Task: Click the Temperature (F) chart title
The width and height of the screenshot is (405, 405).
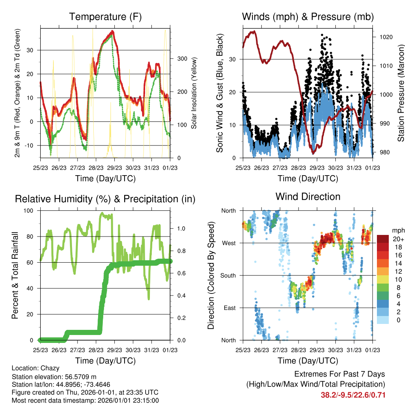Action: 105,17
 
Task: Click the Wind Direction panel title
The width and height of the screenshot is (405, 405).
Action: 308,197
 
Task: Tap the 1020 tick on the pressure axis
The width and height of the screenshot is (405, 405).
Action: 386,37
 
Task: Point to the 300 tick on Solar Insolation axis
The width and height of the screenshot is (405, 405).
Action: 182,59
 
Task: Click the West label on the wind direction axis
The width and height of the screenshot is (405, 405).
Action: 229,243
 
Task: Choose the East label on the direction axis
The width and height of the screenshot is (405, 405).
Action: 230,308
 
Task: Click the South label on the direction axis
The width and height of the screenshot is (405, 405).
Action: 228,276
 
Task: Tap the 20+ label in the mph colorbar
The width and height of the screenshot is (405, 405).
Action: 398,239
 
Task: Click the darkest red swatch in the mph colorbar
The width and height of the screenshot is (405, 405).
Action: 383,239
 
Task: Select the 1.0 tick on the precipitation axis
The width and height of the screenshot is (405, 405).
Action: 181,229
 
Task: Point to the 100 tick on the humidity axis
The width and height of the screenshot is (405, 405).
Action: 28,211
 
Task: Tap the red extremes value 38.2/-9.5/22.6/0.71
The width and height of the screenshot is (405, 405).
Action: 353,395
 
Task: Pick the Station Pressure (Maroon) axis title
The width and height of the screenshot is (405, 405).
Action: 401,93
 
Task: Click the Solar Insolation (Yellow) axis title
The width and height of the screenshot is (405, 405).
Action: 194,93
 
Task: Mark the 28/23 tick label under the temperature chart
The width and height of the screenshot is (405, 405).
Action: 96,168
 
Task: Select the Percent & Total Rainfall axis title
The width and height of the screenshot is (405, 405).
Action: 15,275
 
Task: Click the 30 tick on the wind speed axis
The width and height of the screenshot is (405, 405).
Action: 233,59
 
